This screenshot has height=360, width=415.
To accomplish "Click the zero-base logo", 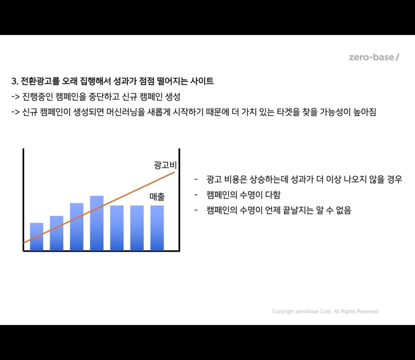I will [374, 57].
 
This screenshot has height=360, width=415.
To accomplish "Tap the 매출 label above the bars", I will [157, 196].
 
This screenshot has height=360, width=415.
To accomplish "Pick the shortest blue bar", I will [36, 237].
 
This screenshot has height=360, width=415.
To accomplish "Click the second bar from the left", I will [56, 233].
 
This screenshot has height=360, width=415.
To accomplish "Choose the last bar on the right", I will [157, 228].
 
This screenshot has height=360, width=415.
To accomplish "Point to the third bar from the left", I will [76, 227].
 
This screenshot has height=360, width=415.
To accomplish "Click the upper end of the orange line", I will [174, 172].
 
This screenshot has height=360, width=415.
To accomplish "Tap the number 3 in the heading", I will [14, 82].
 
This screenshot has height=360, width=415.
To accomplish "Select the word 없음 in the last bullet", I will [343, 210].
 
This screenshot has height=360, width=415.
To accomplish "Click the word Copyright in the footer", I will [283, 311].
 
